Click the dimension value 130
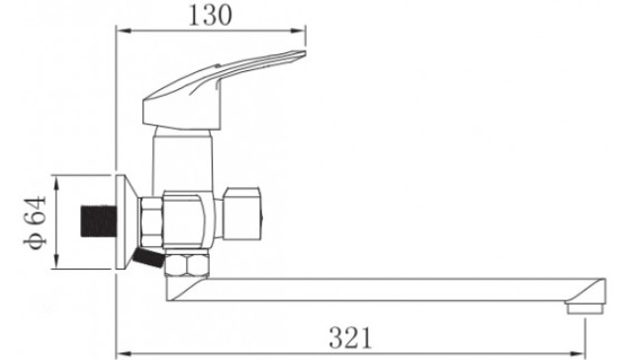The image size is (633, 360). (x=211, y=16)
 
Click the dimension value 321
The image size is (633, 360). (x=350, y=337)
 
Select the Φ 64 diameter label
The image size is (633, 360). (x=35, y=223)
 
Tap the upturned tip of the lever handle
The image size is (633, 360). (x=302, y=52)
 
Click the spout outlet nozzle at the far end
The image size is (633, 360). (x=585, y=308)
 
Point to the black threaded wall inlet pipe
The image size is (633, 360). (x=99, y=222)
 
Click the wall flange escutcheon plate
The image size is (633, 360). (x=126, y=223)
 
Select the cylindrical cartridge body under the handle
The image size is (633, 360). (x=182, y=159)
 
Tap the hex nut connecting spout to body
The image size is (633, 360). (x=187, y=263)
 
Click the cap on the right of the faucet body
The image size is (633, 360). (x=242, y=214)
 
